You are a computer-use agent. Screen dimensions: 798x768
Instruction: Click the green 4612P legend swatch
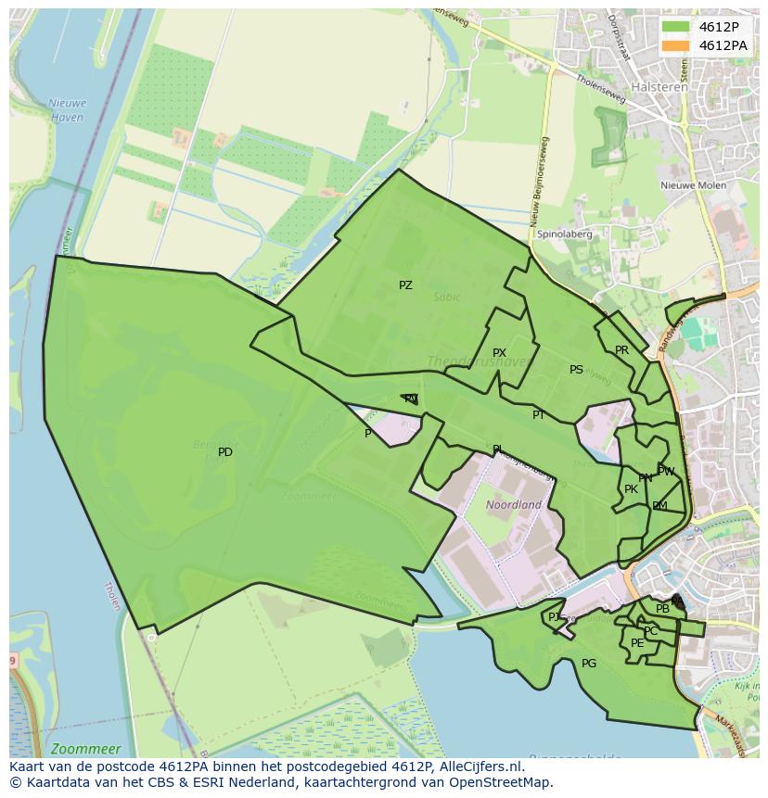point(676,26)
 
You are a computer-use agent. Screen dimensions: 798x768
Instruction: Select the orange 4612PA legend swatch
point(676,45)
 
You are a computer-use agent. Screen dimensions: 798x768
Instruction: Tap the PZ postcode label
point(405,285)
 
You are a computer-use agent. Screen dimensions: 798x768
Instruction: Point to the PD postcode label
point(225,452)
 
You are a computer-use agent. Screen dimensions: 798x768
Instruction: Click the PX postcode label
point(499,353)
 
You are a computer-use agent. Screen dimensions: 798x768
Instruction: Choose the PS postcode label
point(576,370)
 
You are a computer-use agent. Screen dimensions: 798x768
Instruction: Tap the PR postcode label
point(621,350)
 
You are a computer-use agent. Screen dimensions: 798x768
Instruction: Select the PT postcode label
point(539,415)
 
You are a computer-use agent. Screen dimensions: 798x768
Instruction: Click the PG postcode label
point(589,664)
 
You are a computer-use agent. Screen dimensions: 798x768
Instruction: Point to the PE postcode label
point(637,643)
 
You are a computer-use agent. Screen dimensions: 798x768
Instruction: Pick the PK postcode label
point(631,489)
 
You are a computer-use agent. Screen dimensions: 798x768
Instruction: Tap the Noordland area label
point(514,505)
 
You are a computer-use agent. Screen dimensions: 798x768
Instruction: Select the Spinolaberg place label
point(564,234)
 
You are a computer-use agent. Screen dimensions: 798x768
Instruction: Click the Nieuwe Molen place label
point(694,185)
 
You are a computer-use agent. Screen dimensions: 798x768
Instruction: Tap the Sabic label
point(446,298)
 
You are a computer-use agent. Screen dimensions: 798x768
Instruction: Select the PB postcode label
point(662,609)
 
